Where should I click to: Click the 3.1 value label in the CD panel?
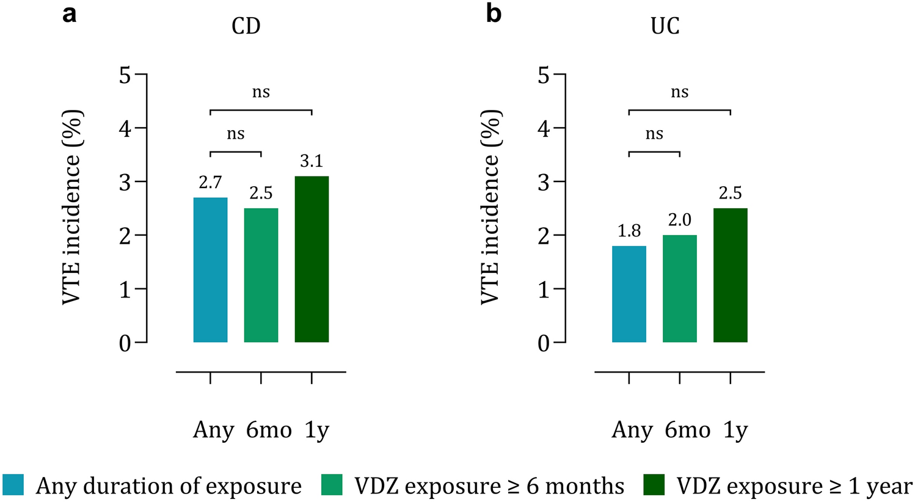click(312, 161)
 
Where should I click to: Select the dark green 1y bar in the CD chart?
click(312, 259)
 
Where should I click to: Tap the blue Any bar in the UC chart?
click(629, 294)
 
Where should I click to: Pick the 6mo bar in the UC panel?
click(679, 288)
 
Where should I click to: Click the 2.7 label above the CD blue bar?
click(210, 183)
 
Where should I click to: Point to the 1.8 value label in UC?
click(629, 231)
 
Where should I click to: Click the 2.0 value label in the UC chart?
click(679, 220)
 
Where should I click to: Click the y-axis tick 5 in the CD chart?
click(125, 75)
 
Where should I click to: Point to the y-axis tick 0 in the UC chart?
click(543, 343)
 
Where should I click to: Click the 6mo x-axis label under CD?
click(269, 431)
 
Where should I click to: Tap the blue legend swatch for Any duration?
click(13, 486)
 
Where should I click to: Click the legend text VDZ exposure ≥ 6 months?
click(489, 486)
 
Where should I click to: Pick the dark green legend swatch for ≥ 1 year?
click(654, 486)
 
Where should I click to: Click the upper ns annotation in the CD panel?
click(261, 93)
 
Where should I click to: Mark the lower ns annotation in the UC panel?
click(654, 134)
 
